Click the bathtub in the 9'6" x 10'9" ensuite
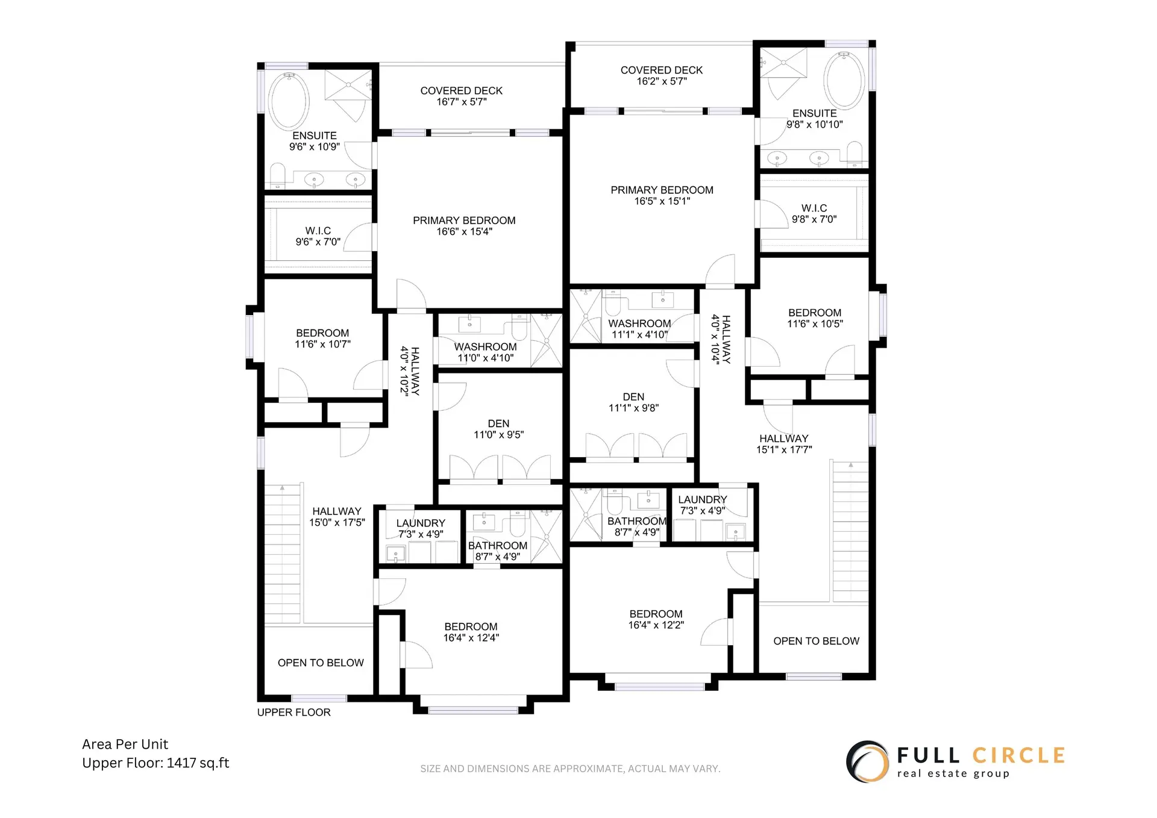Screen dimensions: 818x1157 coord(289,101)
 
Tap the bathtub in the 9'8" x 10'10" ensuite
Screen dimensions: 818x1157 coord(844,80)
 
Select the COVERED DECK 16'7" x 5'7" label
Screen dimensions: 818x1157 coord(461,96)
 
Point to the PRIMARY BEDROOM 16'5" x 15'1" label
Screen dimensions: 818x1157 coord(662,195)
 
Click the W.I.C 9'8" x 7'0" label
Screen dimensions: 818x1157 coord(814,213)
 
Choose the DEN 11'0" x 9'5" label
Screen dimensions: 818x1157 coord(498,429)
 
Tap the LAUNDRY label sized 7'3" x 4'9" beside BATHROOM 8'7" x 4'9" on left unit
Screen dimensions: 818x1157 coord(421,528)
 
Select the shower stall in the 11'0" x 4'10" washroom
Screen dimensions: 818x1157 coord(546,340)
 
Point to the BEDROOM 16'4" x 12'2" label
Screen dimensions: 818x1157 coord(656,619)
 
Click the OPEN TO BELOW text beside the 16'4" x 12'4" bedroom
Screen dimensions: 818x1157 coord(321,663)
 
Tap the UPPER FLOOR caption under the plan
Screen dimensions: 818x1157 coord(293,712)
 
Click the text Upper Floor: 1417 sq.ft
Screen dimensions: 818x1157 coord(155,763)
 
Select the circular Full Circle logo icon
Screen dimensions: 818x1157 coord(867,761)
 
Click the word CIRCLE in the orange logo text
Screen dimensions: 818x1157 coord(1018,755)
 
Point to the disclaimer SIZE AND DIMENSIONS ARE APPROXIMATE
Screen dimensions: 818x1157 coord(570,769)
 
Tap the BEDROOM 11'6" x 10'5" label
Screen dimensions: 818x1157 coord(815,318)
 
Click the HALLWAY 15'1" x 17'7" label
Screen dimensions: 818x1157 coord(783,444)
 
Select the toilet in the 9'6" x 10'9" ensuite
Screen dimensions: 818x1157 coord(277,175)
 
